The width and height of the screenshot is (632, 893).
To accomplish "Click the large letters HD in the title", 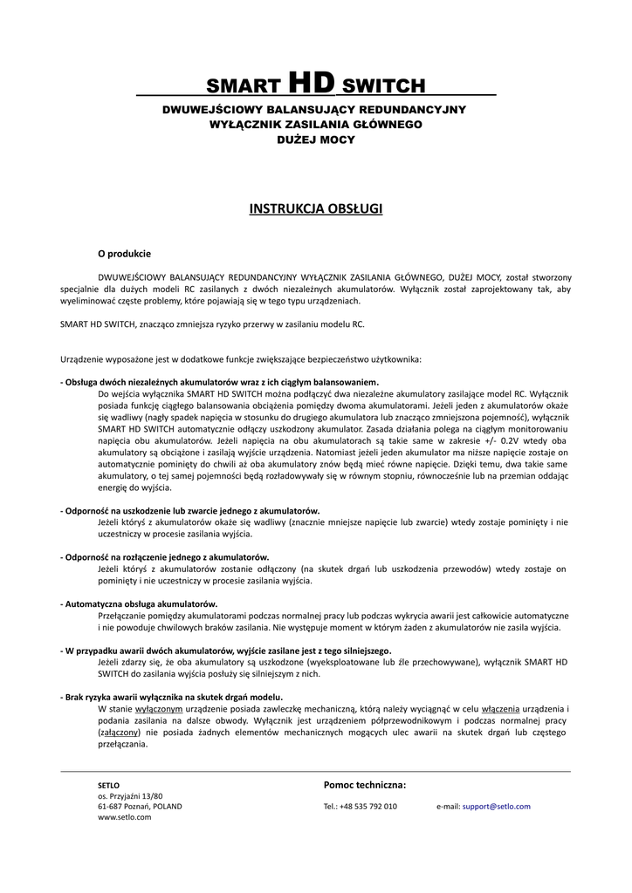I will [311, 83].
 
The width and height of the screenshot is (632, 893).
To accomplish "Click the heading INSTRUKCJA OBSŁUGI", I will [315, 208].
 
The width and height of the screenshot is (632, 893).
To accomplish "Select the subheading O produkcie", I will [124, 254].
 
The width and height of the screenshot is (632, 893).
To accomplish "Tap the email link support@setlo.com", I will [496, 807].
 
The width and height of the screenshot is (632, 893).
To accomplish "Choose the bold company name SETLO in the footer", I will [108, 786].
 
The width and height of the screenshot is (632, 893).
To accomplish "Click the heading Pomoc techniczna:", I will [365, 785].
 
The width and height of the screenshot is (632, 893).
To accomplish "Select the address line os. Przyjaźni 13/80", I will [130, 796].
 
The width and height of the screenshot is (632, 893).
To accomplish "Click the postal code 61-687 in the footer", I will [111, 807].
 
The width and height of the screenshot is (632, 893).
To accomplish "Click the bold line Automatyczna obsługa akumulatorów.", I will [141, 603].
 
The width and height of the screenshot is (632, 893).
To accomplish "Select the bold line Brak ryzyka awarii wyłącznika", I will [172, 697].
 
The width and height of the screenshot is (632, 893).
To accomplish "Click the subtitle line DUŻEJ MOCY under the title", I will [315, 140].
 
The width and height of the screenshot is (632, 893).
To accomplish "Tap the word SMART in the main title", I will [242, 86].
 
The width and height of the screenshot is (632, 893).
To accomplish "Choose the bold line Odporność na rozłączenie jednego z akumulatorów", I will [166, 556].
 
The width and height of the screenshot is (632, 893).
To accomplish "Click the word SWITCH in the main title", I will [383, 86].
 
